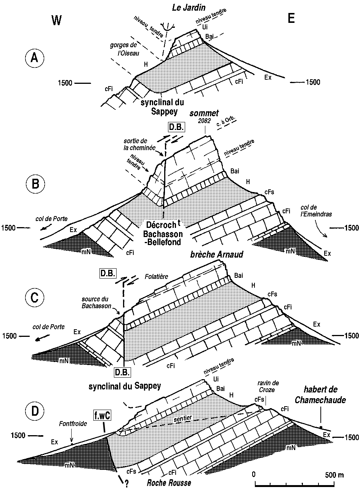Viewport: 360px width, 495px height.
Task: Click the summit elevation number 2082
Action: pos(204,121)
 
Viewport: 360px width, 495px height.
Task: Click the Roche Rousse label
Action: pos(169,483)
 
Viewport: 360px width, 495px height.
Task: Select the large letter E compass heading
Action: pos(291,19)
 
